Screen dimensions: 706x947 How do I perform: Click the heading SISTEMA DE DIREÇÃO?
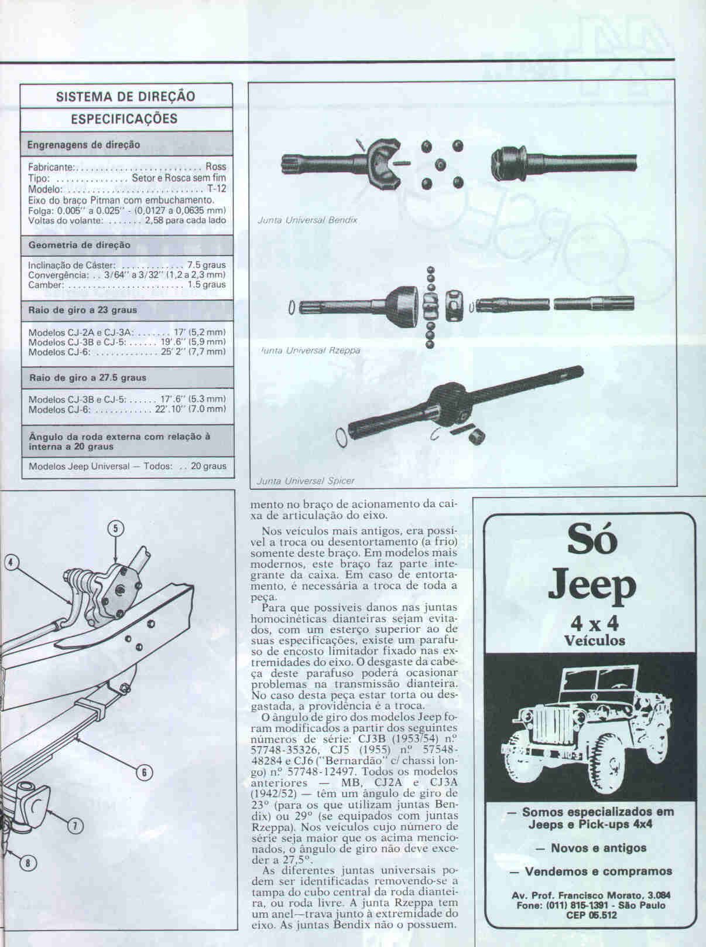pyautogui.click(x=125, y=96)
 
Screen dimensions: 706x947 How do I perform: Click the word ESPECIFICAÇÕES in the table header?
pyautogui.click(x=124, y=118)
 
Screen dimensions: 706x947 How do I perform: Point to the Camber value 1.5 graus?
pyautogui.click(x=207, y=285)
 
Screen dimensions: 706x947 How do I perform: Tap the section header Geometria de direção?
pyautogui.click(x=79, y=245)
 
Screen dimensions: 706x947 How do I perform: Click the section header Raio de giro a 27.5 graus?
pyautogui.click(x=88, y=377)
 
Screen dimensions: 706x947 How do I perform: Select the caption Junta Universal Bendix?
pyautogui.click(x=307, y=220)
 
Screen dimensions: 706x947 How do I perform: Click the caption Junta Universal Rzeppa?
pyautogui.click(x=310, y=350)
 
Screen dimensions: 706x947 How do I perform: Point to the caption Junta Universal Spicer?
pyautogui.click(x=305, y=481)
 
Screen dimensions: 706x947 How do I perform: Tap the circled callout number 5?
pyautogui.click(x=116, y=529)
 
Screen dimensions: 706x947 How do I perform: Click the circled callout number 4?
pyautogui.click(x=12, y=563)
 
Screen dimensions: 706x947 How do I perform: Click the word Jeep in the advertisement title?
pyautogui.click(x=592, y=585)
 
